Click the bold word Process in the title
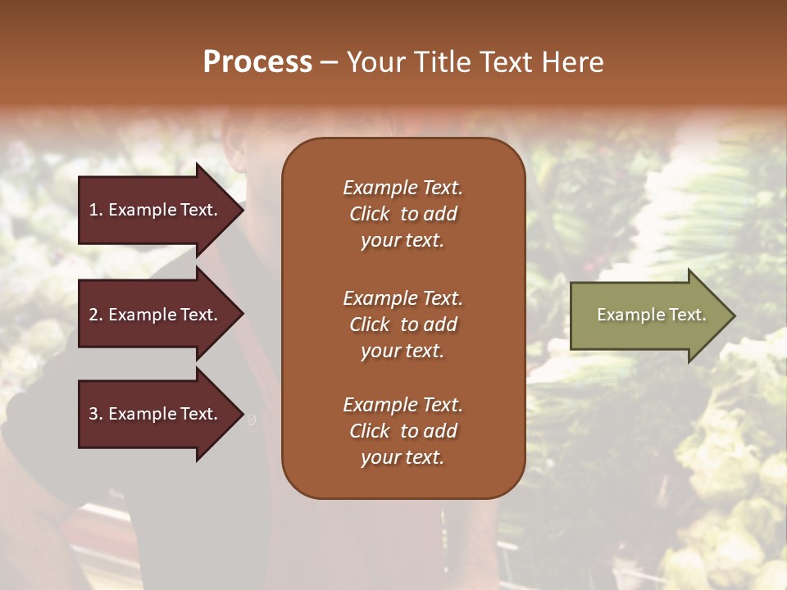click(x=257, y=62)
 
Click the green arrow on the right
click(x=648, y=315)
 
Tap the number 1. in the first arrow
click(x=96, y=210)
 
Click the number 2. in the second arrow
click(x=96, y=315)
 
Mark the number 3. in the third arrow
click(x=96, y=414)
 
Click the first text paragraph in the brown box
click(x=403, y=214)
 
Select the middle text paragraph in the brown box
click(x=403, y=324)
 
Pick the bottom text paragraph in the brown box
click(x=403, y=431)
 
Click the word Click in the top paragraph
click(x=370, y=214)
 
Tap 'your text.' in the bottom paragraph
click(x=403, y=457)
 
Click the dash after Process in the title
click(x=329, y=62)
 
